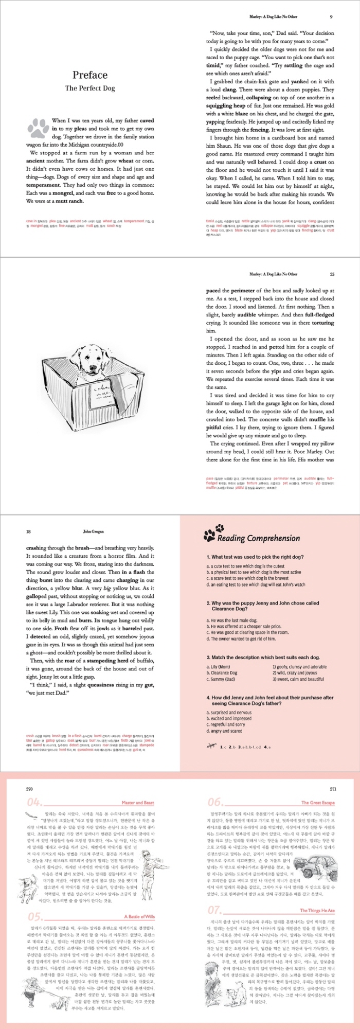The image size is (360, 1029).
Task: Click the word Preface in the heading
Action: pyautogui.click(x=90, y=75)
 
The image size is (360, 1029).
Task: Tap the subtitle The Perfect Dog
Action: pyautogui.click(x=90, y=88)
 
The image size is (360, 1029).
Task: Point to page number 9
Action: pyautogui.click(x=331, y=16)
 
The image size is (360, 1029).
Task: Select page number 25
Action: pyautogui.click(x=332, y=274)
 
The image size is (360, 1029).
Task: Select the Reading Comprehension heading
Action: pyautogui.click(x=258, y=539)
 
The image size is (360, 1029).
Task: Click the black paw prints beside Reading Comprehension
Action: pyautogui.click(x=213, y=533)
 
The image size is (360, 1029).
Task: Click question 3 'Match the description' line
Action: pyautogui.click(x=263, y=657)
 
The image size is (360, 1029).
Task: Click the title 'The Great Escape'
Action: pyautogui.click(x=318, y=803)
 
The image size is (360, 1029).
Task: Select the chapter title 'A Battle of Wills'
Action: pyautogui.click(x=139, y=902)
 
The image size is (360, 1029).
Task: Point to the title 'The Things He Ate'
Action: pyautogui.click(x=317, y=896)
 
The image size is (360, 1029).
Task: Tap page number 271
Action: pyautogui.click(x=332, y=789)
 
